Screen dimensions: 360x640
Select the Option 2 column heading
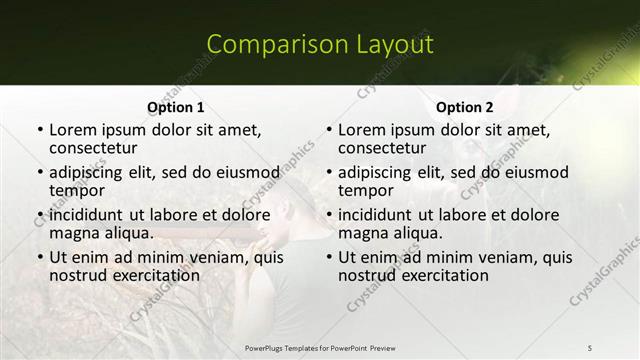465,107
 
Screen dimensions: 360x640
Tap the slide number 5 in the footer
590,347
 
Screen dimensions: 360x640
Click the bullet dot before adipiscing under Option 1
39,173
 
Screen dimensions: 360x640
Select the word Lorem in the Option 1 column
72,130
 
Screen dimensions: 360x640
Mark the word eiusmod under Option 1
244,172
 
